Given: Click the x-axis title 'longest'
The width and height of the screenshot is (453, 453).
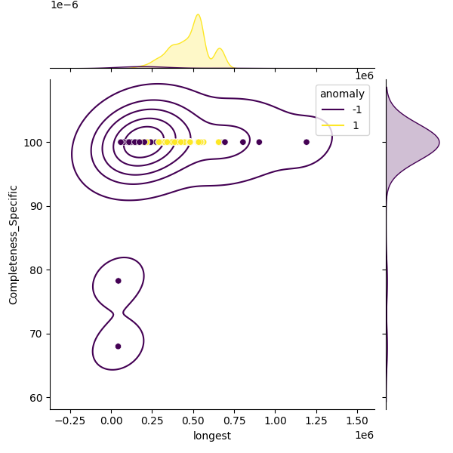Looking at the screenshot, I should [211, 436].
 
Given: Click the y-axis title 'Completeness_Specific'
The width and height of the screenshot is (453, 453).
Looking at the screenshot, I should [14, 244].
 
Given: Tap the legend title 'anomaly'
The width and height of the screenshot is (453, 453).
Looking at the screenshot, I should [342, 94].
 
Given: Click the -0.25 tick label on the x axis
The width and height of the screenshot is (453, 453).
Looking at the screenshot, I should [70, 420].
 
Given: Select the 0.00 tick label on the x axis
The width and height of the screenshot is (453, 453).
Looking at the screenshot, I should [112, 420].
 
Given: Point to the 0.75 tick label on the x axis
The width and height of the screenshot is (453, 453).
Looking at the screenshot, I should [235, 420].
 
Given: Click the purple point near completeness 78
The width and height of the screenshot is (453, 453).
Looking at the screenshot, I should [119, 281].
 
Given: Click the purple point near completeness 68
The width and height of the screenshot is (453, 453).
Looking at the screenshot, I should [119, 347].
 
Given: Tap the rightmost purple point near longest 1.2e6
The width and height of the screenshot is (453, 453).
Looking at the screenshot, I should [307, 142].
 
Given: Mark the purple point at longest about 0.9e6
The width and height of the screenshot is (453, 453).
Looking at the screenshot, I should [259, 142].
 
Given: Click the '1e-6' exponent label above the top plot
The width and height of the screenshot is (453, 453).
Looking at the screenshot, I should [64, 5].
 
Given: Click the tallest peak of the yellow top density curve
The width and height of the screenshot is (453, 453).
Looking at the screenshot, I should [198, 15].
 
